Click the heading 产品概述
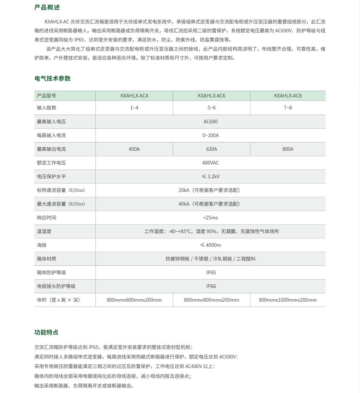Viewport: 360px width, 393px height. coord(47,7)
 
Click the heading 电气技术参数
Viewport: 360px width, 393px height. coord(53,78)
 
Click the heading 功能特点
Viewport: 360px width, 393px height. coord(46,332)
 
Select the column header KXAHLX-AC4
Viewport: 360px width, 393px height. coord(134,96)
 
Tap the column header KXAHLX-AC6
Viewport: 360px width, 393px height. coord(211,96)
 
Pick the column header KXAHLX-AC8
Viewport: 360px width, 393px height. coord(288,96)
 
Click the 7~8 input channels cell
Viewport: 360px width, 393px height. coord(288,108)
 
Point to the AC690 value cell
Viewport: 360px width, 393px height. coord(211,122)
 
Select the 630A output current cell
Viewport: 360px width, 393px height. coord(211,149)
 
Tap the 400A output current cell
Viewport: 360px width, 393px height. coord(134,149)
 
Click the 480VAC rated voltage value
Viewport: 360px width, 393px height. coord(211,163)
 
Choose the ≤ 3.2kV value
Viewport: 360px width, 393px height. coord(211,177)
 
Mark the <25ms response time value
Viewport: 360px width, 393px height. coord(211,218)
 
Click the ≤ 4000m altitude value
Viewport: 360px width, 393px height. coord(211,245)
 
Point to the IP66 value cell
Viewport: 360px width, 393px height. coord(211,286)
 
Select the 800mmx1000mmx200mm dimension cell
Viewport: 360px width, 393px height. coord(288,300)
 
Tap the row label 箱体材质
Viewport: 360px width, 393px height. coord(47,259)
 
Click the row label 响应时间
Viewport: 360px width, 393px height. coord(47,218)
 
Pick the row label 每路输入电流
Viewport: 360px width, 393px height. coord(51,135)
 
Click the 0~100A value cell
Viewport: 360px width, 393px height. coord(211,135)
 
